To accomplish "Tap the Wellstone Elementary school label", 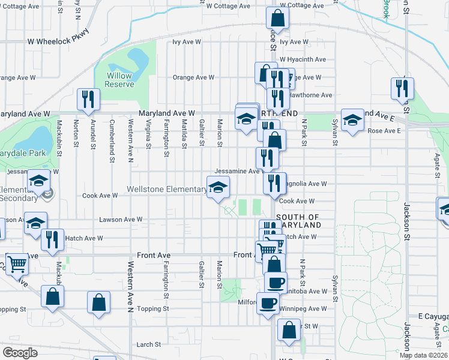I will click(166, 190).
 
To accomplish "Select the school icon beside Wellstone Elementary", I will click(218, 187).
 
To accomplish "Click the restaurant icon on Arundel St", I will click(88, 100).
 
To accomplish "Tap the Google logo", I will click(20, 353).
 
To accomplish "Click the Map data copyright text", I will click(423, 355).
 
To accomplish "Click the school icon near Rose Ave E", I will click(352, 119).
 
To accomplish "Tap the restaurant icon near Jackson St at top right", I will click(402, 89).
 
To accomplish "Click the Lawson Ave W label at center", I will click(121, 220).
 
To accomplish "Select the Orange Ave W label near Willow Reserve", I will click(193, 77).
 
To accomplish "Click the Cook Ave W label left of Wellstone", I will click(100, 196).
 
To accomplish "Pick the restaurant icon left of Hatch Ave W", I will click(52, 241).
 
